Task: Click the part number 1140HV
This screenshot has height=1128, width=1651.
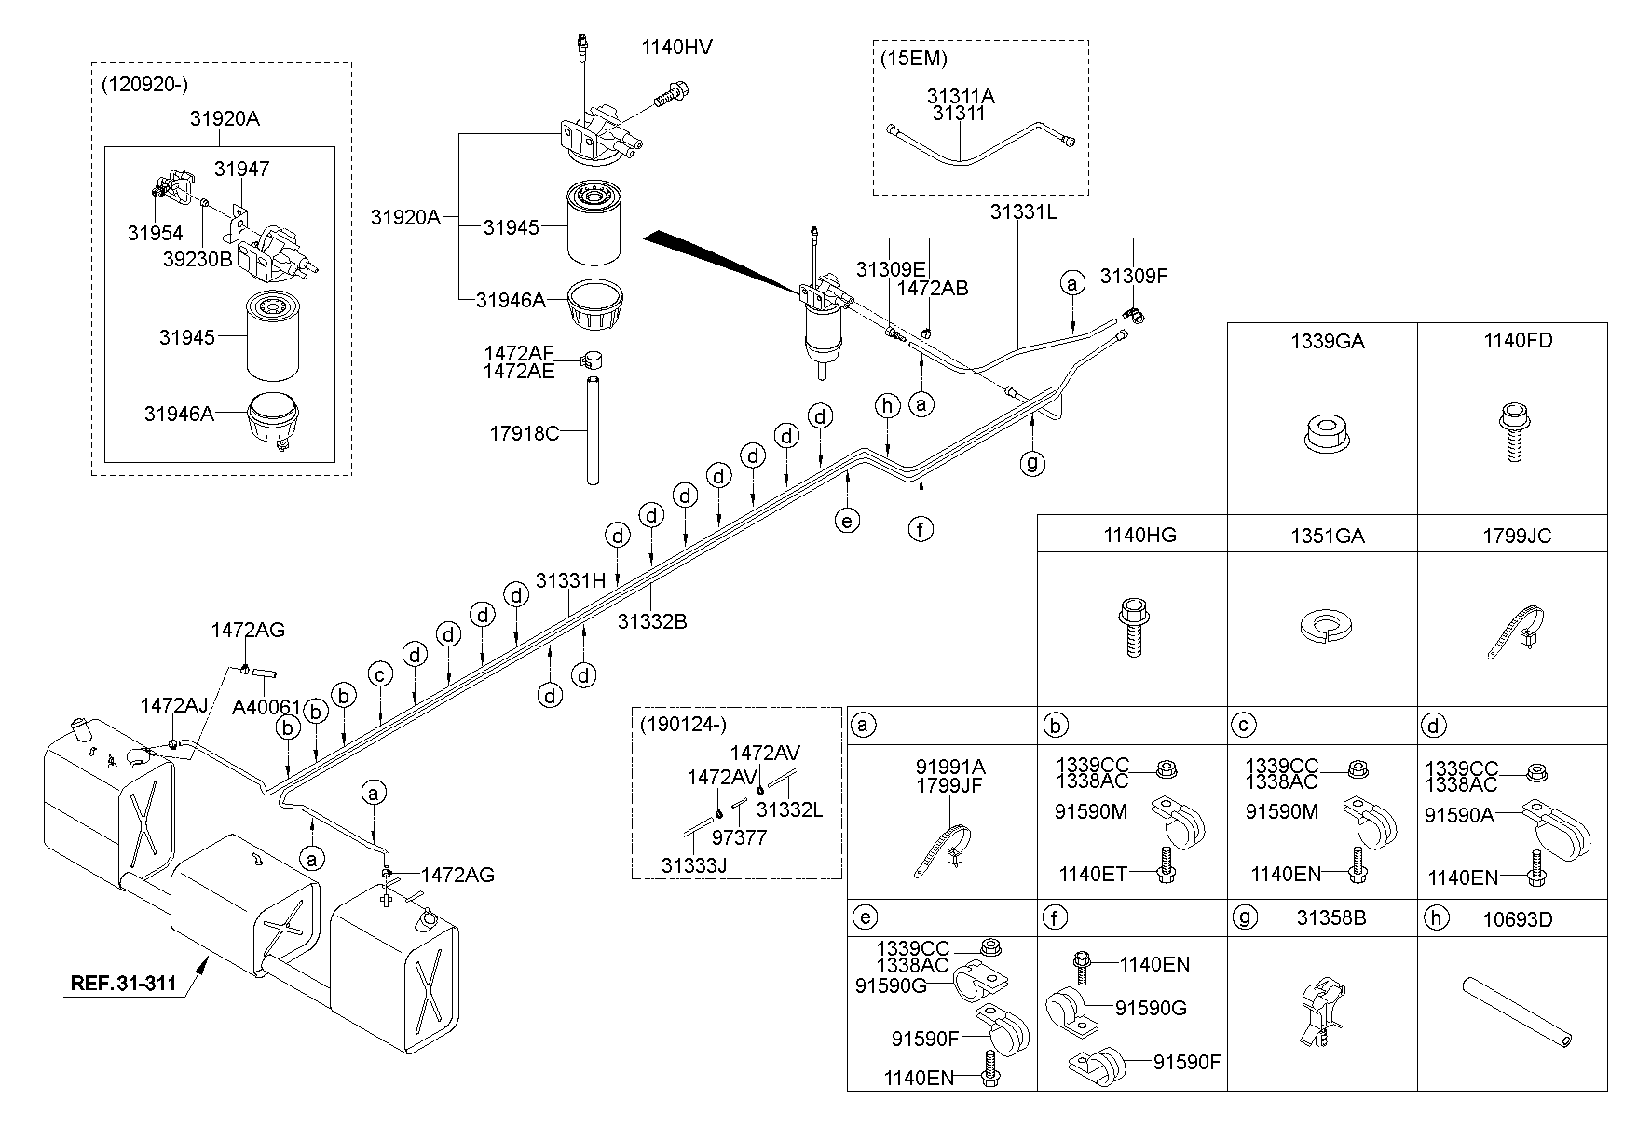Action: click(678, 47)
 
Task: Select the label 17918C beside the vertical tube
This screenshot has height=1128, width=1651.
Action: click(525, 433)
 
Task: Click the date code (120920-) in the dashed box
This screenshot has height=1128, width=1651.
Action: click(145, 84)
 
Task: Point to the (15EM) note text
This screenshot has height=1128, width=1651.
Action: click(914, 58)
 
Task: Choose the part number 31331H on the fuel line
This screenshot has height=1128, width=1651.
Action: click(570, 581)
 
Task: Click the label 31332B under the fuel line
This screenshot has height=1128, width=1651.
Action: click(652, 621)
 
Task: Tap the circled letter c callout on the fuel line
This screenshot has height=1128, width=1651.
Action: click(379, 673)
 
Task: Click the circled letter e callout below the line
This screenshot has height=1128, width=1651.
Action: click(847, 520)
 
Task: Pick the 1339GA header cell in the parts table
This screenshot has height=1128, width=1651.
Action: click(1327, 342)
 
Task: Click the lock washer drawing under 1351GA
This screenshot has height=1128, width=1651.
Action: click(1326, 626)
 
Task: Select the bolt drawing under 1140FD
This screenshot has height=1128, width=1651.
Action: click(1511, 432)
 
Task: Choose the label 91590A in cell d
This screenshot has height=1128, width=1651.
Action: click(1459, 815)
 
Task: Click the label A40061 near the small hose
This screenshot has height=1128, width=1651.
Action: click(266, 708)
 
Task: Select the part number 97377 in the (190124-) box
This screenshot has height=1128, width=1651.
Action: click(740, 837)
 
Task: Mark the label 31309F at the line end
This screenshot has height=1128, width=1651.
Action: click(1134, 276)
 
